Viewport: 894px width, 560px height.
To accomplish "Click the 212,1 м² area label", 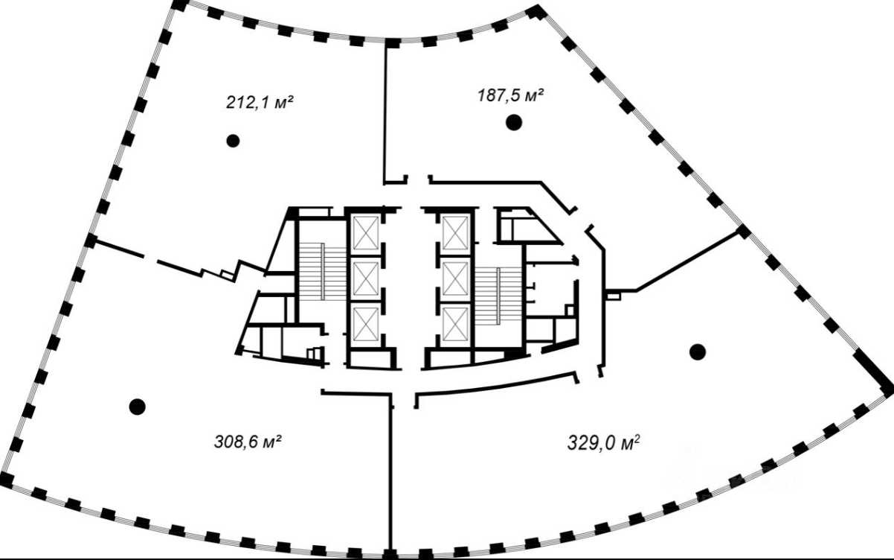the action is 260,102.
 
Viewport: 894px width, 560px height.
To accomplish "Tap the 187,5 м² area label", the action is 511,95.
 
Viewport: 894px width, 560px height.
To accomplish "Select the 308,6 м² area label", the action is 248,442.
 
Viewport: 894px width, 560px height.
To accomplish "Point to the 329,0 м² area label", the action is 603,442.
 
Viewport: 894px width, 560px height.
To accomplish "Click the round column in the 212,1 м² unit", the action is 233,141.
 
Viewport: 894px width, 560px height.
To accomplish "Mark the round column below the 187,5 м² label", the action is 514,122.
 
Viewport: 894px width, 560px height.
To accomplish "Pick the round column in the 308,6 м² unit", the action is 138,407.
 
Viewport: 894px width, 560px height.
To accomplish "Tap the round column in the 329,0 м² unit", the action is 697,351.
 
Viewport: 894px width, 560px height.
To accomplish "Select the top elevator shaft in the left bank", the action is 366,232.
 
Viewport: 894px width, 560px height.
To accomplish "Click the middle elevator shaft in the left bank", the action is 366,279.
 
